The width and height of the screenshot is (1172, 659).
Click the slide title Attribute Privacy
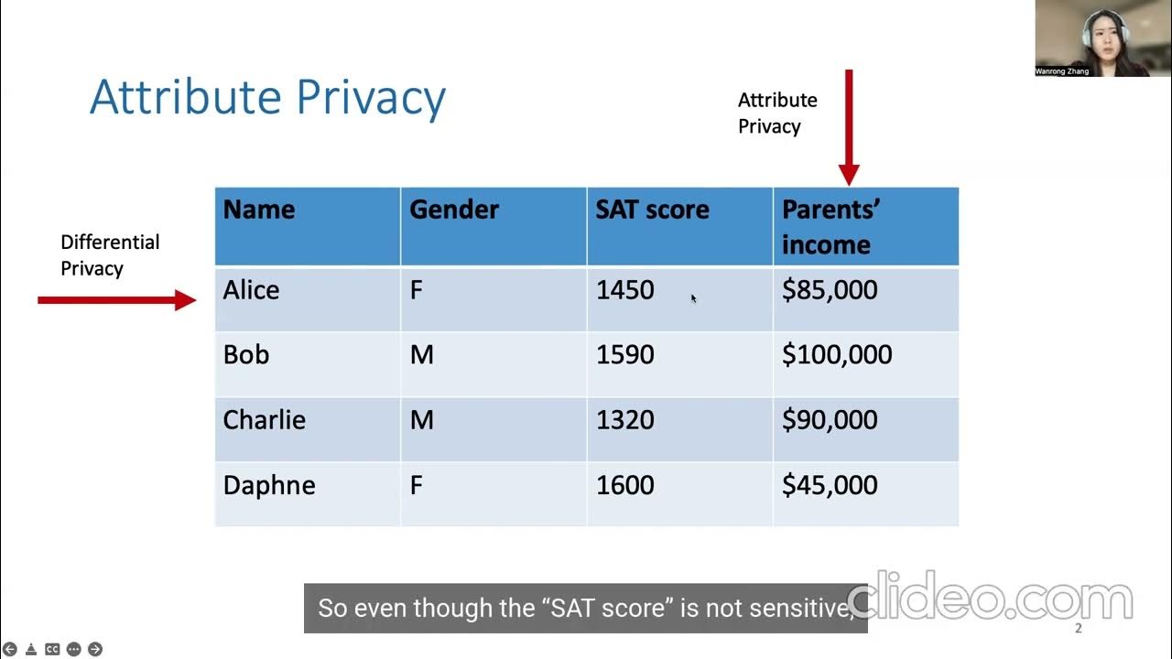[267, 98]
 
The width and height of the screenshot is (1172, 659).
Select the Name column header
[259, 210]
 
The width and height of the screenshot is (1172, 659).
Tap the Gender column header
[453, 210]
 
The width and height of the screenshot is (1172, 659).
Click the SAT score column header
[652, 210]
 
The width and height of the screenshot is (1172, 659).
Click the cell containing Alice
[251, 290]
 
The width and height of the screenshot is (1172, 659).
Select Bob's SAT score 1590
[624, 355]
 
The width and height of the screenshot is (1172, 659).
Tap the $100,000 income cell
[836, 355]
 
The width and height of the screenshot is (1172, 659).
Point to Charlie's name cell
[264, 420]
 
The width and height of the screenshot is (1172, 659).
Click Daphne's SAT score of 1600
[624, 485]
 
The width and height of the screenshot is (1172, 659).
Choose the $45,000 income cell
[829, 485]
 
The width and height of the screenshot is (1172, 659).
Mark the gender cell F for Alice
[416, 290]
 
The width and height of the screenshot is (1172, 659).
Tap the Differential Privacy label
[109, 255]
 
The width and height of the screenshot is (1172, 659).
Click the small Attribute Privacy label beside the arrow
[777, 113]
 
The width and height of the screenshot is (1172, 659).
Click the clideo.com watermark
[989, 600]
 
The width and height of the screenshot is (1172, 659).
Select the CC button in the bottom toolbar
[52, 649]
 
